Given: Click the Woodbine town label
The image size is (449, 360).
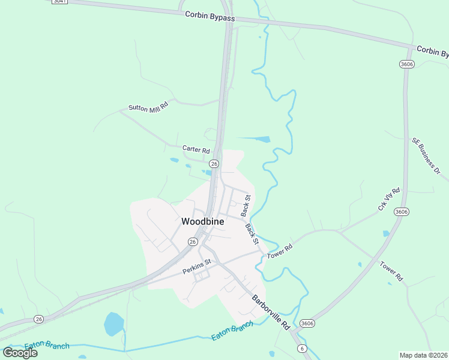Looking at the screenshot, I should pos(203,221).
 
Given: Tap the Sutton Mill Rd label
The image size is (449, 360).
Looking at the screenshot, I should pos(148,107).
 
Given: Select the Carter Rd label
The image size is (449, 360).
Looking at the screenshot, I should pos(196,149).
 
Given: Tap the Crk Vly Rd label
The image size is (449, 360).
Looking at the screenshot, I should pos(389,199).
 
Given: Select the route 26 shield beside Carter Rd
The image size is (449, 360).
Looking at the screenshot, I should pos(214,163).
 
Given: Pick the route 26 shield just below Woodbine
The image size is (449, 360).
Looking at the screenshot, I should pos(192,241).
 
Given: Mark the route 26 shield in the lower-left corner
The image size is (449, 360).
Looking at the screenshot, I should pos(39,319).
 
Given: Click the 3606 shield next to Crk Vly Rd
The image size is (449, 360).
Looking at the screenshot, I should pos(402,212).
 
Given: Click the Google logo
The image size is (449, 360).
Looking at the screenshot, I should pos(20,353).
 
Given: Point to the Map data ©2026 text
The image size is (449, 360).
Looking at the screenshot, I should pos(424,355).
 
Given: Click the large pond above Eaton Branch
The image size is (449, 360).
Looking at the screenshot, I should pos(113,324).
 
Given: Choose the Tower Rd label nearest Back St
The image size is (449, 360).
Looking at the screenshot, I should pos(280,251).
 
